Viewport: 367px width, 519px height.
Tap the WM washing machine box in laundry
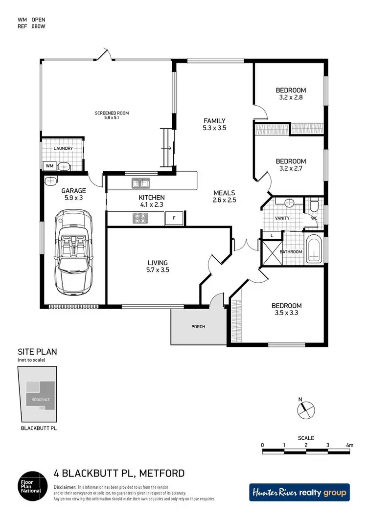[x=49, y=166]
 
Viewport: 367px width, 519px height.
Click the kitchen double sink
[x=140, y=183]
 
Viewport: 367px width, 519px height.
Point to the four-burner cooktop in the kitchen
[x=140, y=218]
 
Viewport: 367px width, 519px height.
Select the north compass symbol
[x=305, y=406]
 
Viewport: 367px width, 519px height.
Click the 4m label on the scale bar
[x=349, y=445]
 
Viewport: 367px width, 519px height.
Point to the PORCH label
[x=198, y=327]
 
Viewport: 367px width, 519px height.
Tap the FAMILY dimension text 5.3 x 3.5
[x=214, y=128]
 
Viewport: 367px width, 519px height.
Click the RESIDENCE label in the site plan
[x=41, y=399]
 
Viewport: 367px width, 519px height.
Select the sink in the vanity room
[x=289, y=202]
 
